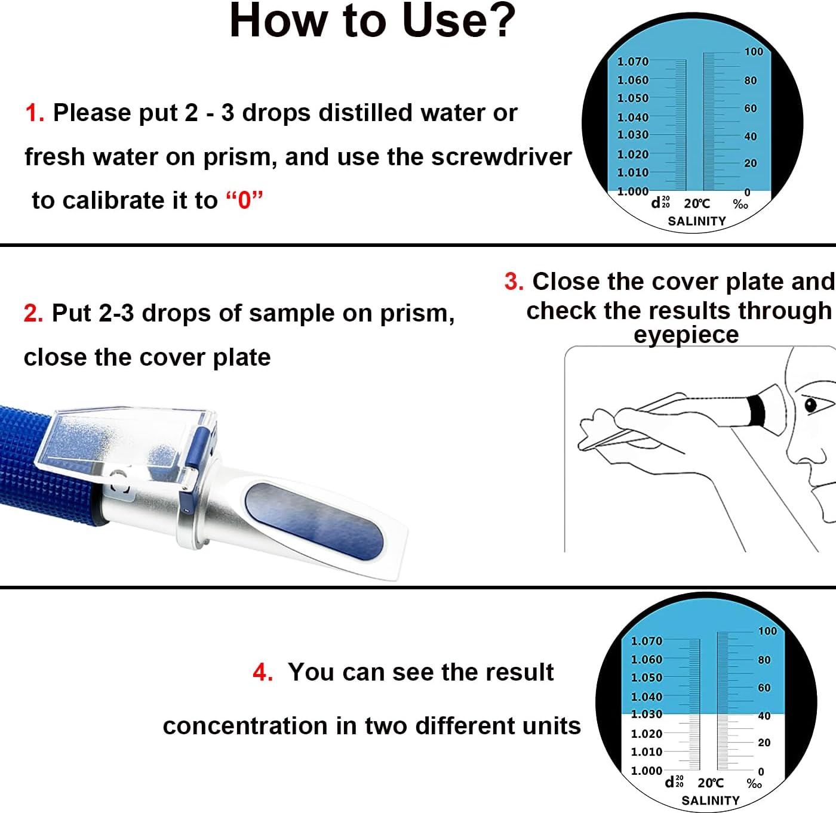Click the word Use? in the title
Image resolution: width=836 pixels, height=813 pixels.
tap(458, 21)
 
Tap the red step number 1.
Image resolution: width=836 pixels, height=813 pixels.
tap(35, 113)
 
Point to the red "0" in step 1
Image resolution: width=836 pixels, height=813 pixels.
tap(244, 200)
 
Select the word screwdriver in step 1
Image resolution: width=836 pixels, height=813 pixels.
tap(501, 157)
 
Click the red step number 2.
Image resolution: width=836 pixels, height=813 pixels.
tap(33, 313)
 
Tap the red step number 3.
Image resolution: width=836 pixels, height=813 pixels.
tap(514, 282)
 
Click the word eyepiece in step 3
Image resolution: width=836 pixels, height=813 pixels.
tap(686, 335)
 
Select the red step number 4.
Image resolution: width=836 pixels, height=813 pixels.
tap(263, 672)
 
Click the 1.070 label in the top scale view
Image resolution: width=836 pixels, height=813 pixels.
tap(632, 61)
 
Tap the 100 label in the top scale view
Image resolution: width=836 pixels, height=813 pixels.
tap(754, 52)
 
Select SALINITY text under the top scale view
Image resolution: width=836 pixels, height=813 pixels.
tap(696, 221)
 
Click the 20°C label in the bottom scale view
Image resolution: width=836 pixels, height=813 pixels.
tap(710, 783)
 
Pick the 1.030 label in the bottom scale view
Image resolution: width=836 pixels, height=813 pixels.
tap(646, 714)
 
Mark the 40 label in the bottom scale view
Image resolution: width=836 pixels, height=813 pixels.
tap(764, 716)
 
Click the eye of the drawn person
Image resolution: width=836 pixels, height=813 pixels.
tap(810, 406)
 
